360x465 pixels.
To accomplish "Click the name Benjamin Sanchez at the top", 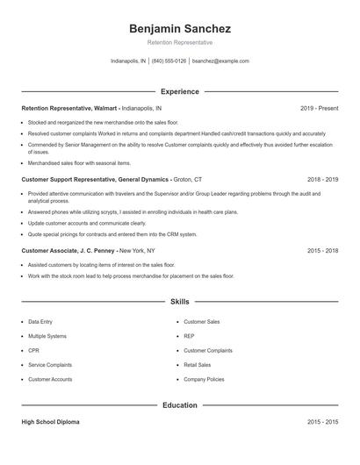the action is pos(179,29).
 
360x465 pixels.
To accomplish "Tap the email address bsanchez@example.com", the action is pos(220,61).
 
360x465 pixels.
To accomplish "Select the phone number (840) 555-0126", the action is pos(169,61).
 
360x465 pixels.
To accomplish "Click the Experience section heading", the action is pos(179,91).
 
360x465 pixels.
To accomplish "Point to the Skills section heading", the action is pos(179,301).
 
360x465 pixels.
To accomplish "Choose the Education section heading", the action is pos(179,405).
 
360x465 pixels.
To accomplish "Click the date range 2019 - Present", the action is pos(319,108).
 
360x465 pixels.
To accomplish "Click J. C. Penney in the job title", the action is pos(94,250).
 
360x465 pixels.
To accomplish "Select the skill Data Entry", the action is pos(40,322).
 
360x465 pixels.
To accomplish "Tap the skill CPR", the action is pos(33,350).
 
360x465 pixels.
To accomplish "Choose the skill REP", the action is pos(189,336).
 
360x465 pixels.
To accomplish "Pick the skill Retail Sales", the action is pos(197,364).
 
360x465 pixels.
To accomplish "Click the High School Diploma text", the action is pos(50,422).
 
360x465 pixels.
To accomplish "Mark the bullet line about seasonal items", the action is pos(79,163).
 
